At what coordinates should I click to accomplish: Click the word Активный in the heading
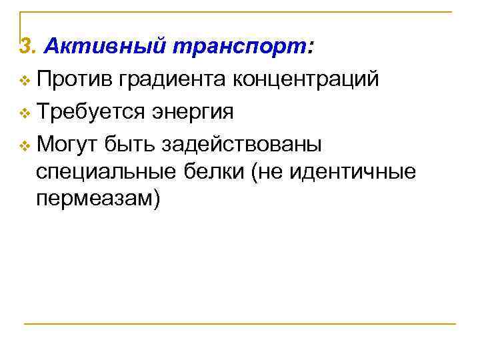(x=87, y=47)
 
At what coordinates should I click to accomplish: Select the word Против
(x=75, y=80)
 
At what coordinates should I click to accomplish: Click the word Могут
(x=67, y=143)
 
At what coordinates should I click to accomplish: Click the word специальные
(x=105, y=173)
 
